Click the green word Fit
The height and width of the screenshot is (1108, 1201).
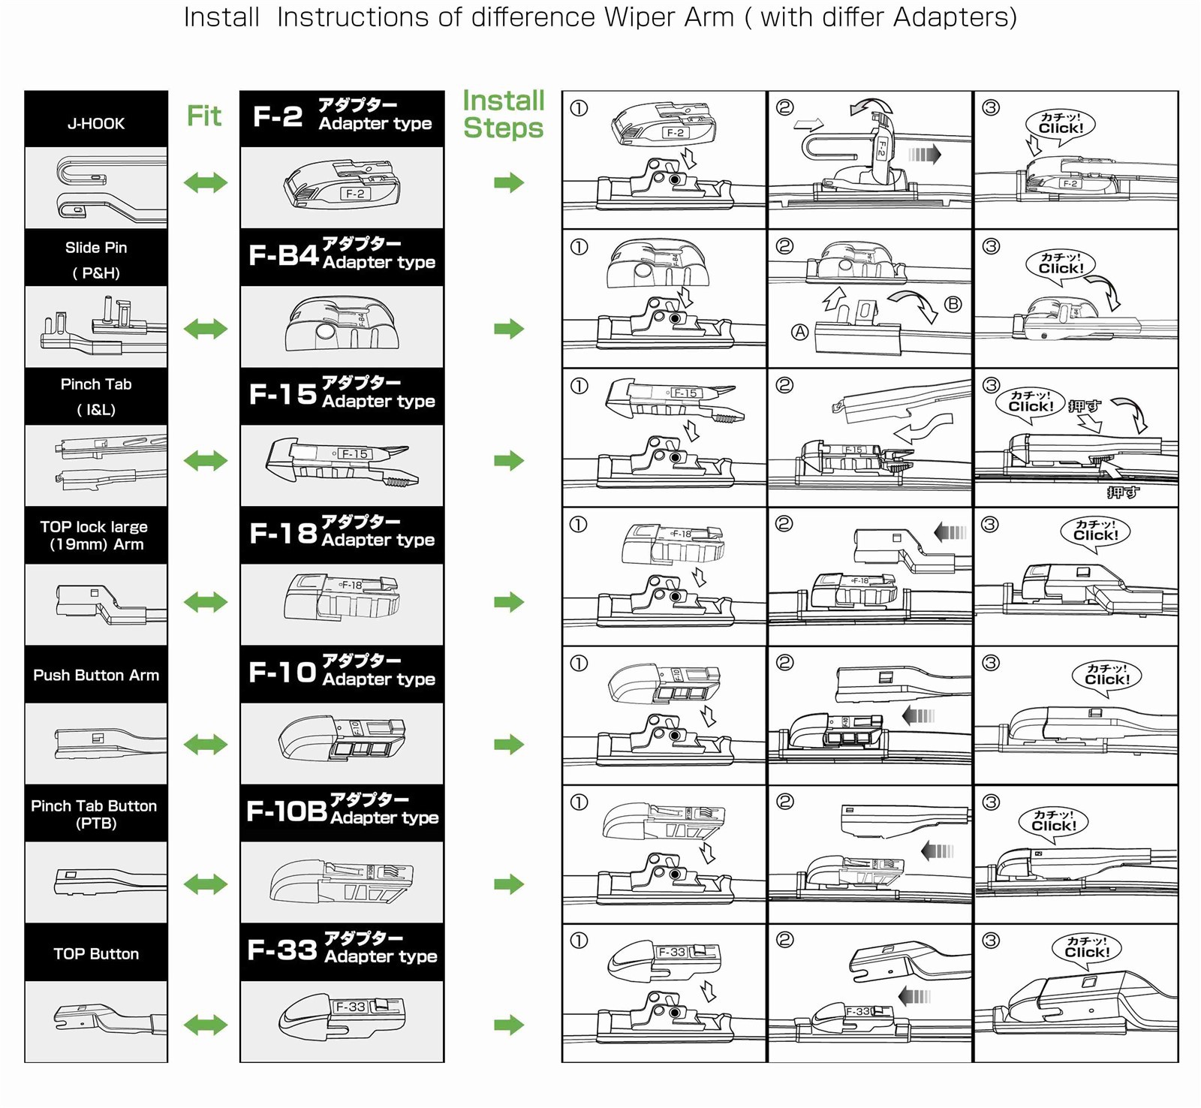pos(203,116)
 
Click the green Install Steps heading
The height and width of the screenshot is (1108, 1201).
pos(503,114)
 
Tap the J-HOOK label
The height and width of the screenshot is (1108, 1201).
pos(96,124)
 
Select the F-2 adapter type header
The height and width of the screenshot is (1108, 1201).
pos(342,116)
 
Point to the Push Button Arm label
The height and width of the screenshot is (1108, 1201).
pos(96,675)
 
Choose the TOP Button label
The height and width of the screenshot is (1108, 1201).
pos(96,953)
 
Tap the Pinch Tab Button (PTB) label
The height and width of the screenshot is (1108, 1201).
pos(95,814)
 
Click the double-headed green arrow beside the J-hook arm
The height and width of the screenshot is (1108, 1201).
pos(206,182)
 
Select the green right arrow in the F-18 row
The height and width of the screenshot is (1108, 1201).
pos(509,601)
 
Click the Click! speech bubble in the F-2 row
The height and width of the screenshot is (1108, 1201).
pos(1060,124)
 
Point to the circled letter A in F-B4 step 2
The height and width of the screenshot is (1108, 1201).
pos(800,332)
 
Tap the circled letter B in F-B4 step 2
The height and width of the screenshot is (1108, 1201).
pos(953,304)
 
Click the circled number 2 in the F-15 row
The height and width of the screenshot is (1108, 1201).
pos(784,386)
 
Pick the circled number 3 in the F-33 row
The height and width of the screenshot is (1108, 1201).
pos(991,941)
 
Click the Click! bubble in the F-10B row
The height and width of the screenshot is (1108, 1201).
pos(1054,821)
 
